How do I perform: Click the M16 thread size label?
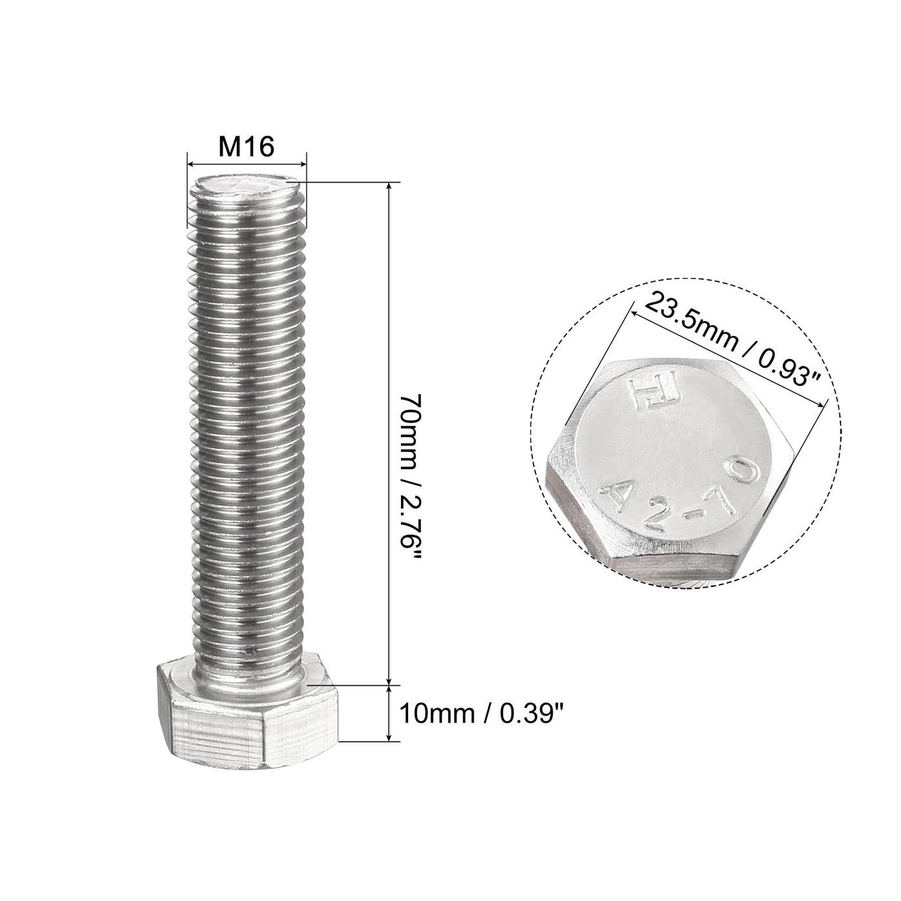(246, 147)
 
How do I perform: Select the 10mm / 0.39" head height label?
(485, 713)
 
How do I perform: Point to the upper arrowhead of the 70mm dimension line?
(389, 187)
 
